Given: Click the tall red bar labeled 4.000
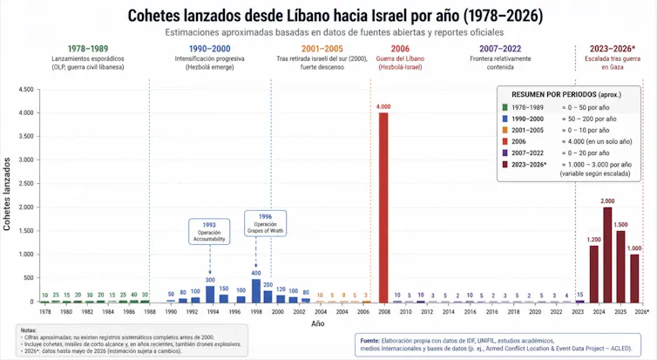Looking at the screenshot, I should pyautogui.click(x=383, y=207).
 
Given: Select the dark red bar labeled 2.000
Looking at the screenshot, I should pyautogui.click(x=607, y=255).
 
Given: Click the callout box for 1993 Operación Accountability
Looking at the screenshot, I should pyautogui.click(x=210, y=233).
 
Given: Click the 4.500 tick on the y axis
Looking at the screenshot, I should pyautogui.click(x=25, y=90).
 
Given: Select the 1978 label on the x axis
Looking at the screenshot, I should pyautogui.click(x=44, y=311).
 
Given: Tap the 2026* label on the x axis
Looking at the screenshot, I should pyautogui.click(x=641, y=311).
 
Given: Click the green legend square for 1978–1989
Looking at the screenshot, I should pyautogui.click(x=505, y=106).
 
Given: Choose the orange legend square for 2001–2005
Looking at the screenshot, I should pyautogui.click(x=505, y=129).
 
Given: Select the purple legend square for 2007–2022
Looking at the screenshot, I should pyautogui.click(x=505, y=152).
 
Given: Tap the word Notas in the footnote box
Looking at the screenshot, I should pyautogui.click(x=30, y=330).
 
